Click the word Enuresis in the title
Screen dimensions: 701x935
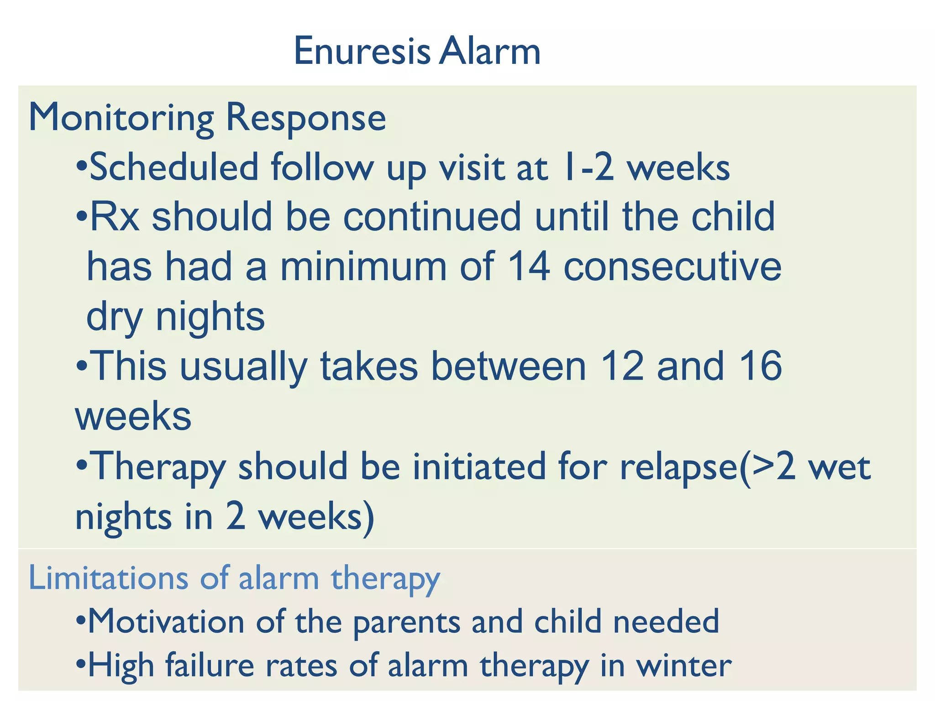[362, 51]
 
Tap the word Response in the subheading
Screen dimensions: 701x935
[306, 118]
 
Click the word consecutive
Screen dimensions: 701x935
[672, 267]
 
